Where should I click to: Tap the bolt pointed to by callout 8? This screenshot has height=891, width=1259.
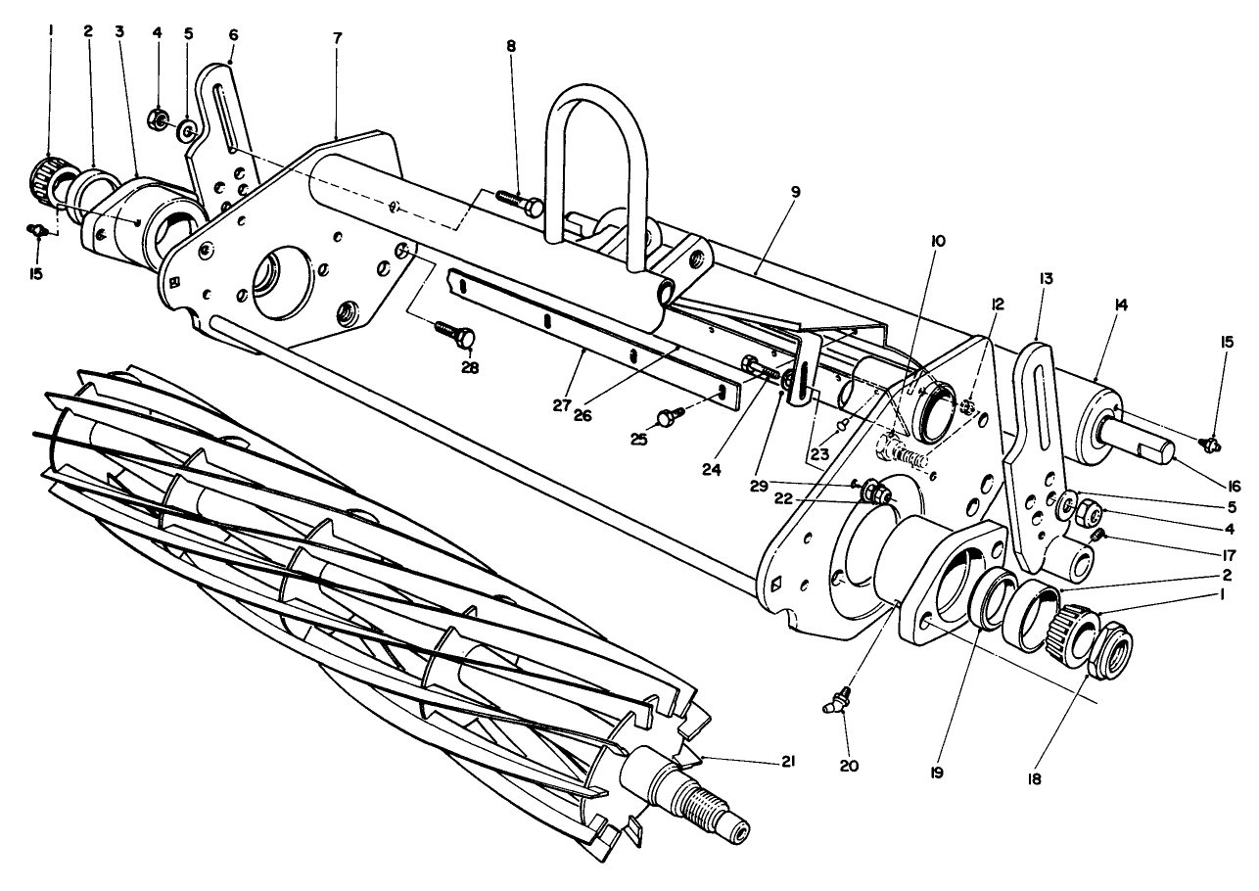point(518,203)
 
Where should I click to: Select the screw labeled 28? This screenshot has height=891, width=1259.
point(453,332)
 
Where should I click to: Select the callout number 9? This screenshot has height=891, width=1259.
point(795,192)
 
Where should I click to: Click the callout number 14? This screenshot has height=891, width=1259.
point(1121,305)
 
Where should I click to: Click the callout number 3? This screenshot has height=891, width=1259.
point(119,31)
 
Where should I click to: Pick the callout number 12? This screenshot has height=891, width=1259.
point(997,305)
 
